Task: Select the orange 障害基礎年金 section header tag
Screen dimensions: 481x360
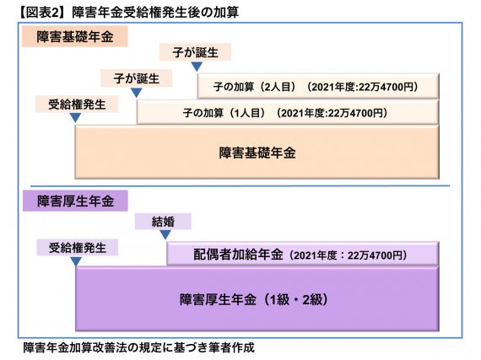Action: (x=75, y=36)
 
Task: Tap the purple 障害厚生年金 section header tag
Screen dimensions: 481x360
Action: (x=75, y=201)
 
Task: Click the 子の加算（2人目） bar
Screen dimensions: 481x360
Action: (x=318, y=86)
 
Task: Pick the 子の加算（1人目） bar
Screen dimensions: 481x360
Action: (x=288, y=112)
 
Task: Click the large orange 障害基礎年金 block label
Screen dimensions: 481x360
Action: (x=257, y=153)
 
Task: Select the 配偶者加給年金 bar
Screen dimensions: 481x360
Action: (x=302, y=254)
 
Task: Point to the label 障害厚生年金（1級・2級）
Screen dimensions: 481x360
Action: (x=254, y=299)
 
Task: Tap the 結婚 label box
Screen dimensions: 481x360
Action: (x=163, y=221)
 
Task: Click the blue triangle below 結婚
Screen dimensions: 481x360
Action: (x=165, y=234)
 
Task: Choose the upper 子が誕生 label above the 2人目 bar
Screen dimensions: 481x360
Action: (x=195, y=52)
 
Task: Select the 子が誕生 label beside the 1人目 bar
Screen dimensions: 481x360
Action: (x=136, y=78)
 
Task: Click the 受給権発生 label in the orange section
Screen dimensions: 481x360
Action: (x=77, y=105)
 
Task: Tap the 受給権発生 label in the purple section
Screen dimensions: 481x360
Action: (x=78, y=248)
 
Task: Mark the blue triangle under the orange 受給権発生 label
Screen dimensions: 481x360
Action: (x=75, y=117)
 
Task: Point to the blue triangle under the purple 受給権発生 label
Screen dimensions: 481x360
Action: (x=76, y=261)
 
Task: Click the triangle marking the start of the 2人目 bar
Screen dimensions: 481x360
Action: (x=197, y=66)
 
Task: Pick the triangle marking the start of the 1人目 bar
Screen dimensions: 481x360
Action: (x=137, y=92)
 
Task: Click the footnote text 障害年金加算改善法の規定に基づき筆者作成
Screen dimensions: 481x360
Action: (x=139, y=347)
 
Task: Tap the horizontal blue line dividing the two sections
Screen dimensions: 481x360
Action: (x=240, y=185)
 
